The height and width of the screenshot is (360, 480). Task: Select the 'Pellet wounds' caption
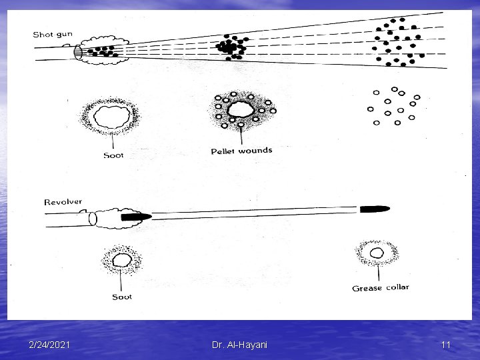(x=241, y=151)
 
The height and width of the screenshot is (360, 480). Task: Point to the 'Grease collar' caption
(x=380, y=288)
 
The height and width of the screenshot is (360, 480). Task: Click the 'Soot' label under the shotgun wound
(x=113, y=156)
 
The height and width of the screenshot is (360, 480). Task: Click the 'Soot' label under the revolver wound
(x=121, y=297)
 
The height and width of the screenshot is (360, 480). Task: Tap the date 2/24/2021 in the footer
(x=51, y=344)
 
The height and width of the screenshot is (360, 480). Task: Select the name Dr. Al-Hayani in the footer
(x=240, y=344)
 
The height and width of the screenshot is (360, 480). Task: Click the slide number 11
(x=446, y=344)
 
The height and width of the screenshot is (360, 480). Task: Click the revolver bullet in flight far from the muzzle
(x=375, y=209)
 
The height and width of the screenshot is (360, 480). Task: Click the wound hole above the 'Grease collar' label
(x=377, y=253)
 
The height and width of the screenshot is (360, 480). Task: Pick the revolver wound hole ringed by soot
(x=121, y=259)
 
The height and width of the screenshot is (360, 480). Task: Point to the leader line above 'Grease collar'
(x=379, y=272)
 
